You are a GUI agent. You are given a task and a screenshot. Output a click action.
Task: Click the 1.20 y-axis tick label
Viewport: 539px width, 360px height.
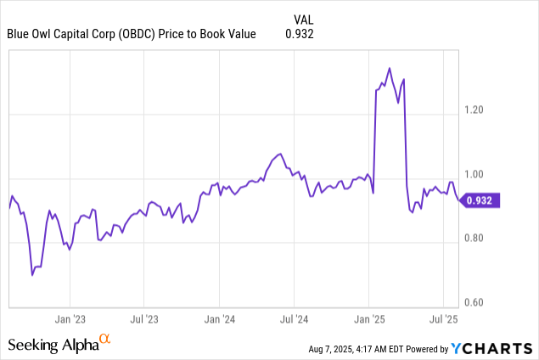point(478,110)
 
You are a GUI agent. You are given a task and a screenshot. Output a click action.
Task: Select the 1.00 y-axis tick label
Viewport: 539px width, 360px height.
point(478,174)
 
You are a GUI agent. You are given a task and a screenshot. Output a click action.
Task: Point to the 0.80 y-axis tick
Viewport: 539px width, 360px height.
point(478,239)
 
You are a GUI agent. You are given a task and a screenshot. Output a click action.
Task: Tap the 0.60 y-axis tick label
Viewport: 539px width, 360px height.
point(478,303)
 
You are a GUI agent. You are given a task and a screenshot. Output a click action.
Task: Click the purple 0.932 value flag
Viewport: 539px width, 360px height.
point(481,200)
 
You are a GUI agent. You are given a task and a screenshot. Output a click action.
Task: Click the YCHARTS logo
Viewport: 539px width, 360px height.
point(491,347)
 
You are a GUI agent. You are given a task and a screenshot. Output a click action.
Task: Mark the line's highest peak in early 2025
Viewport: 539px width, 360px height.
point(389,68)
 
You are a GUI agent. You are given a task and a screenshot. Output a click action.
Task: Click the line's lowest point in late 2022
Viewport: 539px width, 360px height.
point(32,275)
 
